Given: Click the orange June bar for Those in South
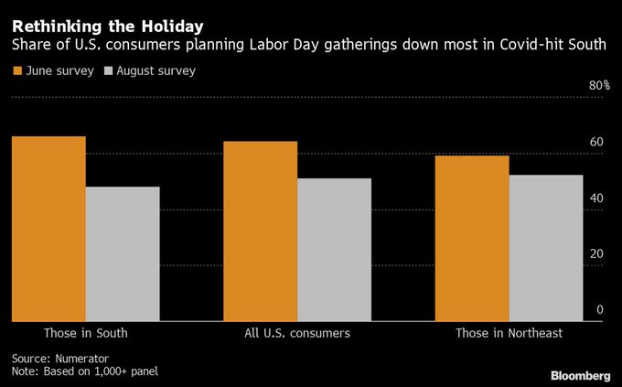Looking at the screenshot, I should tap(48, 229).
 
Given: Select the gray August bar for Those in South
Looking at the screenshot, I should tap(123, 253).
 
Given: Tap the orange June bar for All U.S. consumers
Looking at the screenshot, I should tap(260, 231).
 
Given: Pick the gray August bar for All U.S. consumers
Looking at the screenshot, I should tap(334, 250).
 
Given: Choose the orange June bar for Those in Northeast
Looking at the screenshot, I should tap(472, 238).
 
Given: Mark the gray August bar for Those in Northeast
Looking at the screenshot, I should tap(546, 248).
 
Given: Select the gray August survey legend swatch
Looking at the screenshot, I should tap(108, 70).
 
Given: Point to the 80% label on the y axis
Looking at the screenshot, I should tap(598, 85).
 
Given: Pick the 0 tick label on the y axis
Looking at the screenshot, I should tap(600, 309).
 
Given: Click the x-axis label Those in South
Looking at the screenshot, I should tap(85, 333).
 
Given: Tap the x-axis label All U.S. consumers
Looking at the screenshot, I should tap(297, 333).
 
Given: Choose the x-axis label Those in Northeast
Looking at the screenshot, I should tap(509, 333).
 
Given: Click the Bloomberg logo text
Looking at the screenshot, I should tap(580, 375).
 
